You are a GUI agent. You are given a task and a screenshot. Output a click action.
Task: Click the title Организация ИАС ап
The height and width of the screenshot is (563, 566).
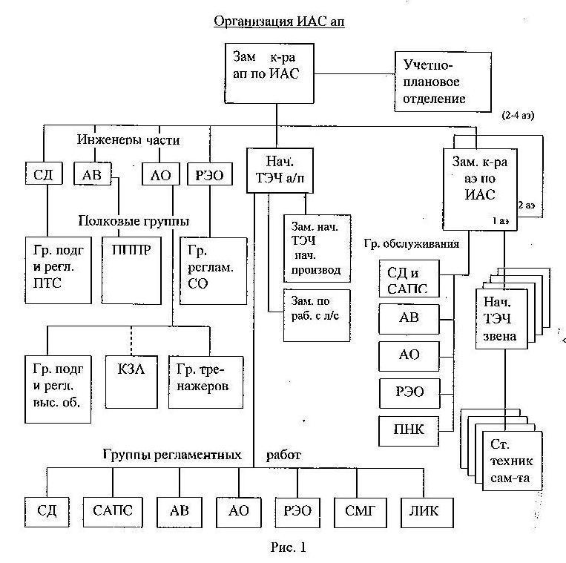[279, 22]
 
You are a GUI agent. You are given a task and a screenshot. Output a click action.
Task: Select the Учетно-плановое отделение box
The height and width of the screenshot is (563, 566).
[443, 82]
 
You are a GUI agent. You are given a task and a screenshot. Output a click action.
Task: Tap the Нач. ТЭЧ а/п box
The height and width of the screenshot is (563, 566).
[280, 171]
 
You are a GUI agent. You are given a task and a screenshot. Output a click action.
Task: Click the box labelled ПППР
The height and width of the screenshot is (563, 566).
[131, 271]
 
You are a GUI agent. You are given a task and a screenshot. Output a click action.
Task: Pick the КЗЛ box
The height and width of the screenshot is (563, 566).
[131, 382]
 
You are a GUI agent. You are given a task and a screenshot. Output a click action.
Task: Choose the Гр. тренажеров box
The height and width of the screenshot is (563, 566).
[205, 382]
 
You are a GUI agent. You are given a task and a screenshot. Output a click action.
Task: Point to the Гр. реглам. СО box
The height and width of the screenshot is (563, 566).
[214, 271]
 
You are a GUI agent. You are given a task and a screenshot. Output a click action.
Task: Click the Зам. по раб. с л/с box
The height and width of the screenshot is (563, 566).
[317, 315]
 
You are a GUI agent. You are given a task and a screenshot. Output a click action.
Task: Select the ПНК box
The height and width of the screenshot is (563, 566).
[409, 431]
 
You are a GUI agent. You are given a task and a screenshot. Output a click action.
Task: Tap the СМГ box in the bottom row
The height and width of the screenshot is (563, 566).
[361, 513]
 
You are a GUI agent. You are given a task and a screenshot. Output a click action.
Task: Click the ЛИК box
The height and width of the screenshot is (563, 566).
[427, 513]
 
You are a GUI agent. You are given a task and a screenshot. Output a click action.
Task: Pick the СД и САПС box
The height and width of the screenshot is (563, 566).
[409, 279]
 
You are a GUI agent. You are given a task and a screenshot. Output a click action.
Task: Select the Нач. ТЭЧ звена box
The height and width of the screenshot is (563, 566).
[501, 319]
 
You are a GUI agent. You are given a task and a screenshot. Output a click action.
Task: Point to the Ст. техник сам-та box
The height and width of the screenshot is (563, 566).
[512, 461]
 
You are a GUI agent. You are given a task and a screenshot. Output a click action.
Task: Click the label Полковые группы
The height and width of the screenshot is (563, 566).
[134, 221]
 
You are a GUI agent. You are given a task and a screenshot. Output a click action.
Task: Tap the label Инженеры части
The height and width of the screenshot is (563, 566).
[128, 139]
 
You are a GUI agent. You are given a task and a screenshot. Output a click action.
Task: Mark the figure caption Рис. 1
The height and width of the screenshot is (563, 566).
[288, 547]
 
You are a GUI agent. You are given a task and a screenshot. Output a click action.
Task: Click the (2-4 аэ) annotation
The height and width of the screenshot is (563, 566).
[518, 116]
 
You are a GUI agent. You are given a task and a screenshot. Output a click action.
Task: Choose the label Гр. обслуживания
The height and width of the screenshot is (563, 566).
[412, 244]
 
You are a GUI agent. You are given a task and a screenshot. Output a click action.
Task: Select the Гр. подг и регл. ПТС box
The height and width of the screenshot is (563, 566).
[58, 270]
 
